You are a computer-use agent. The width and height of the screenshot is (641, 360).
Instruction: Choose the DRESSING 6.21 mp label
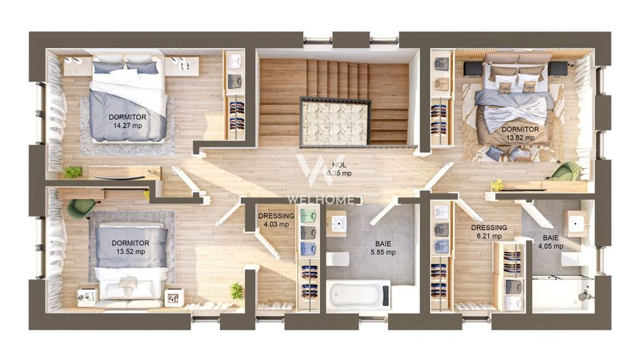[489, 232]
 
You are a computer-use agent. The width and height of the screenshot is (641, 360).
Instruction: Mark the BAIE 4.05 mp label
[550, 242]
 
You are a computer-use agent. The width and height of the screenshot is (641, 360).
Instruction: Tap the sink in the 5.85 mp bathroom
[338, 223]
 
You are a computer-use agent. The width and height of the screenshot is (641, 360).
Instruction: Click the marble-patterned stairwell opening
[335, 122]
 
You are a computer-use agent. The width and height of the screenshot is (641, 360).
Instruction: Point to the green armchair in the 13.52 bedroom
[81, 207]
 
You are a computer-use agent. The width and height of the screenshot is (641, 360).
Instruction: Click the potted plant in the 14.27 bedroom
[72, 172]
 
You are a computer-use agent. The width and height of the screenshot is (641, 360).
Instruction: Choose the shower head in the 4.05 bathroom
[583, 295]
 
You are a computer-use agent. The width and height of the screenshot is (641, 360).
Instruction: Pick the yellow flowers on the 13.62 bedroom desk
[497, 184]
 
